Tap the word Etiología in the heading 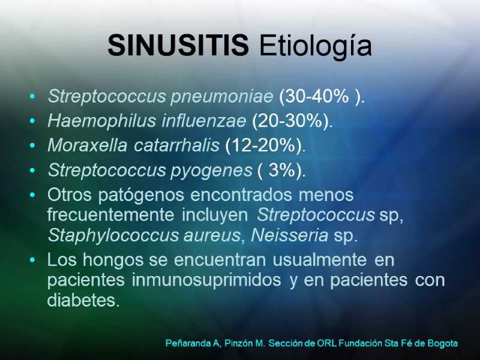[x=316, y=47]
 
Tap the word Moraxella [x=82, y=146]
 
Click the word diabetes [x=83, y=299]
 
